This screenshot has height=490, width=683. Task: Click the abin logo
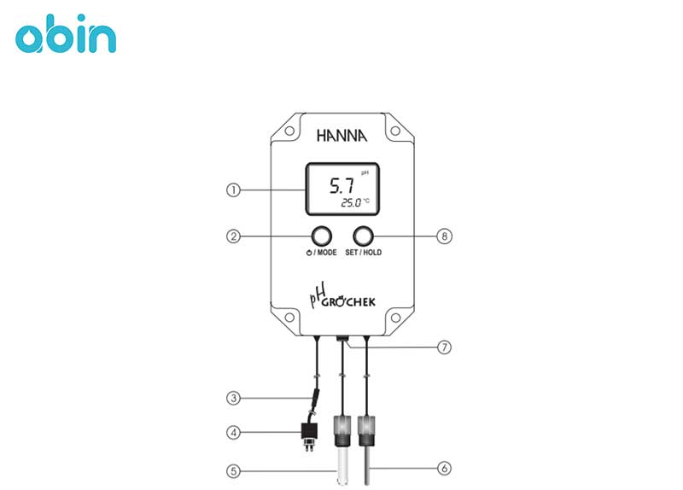(66, 33)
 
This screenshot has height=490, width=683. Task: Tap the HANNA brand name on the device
(342, 136)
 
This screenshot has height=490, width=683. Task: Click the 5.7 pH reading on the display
(341, 185)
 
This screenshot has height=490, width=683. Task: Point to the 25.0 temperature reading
(351, 202)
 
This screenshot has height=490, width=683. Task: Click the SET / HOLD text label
(364, 252)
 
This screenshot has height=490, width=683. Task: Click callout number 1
(233, 190)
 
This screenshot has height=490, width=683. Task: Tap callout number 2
(233, 236)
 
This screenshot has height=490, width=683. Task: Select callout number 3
(233, 398)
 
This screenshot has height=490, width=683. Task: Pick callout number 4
(233, 433)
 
